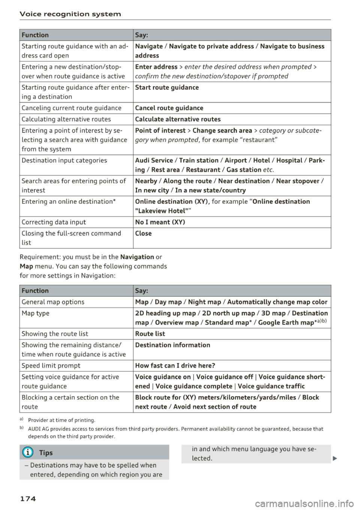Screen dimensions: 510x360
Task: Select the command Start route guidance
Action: pos(167,88)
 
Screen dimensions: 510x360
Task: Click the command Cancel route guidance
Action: pos(169,108)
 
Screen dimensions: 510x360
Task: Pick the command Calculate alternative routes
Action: pos(178,120)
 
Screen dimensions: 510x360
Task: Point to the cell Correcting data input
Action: pos(54,222)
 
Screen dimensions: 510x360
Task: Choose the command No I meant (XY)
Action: pos(160,222)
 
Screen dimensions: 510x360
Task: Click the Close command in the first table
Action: pos(143,233)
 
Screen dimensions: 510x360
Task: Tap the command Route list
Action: pos(150,334)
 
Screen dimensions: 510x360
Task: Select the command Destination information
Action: pos(172,345)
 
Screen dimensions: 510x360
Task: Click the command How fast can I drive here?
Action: pos(175,366)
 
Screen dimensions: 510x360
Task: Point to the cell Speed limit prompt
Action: pos(51,366)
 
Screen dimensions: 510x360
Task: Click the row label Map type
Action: pos(36,313)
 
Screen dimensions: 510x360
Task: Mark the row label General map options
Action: pos(53,302)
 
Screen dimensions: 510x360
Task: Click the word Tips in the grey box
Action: pos(46,453)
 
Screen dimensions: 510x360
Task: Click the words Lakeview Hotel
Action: pos(162,211)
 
